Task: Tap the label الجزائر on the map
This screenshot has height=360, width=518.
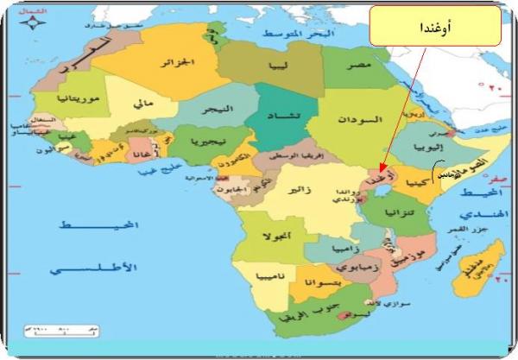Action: tap(180, 62)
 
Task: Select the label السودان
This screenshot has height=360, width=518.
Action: tap(354, 117)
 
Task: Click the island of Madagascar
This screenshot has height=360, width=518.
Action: tap(477, 263)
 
